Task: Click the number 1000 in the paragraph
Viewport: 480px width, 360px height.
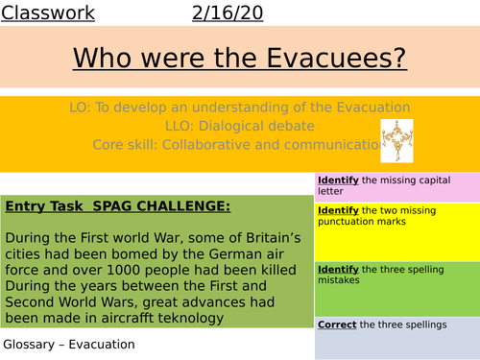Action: point(113,271)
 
